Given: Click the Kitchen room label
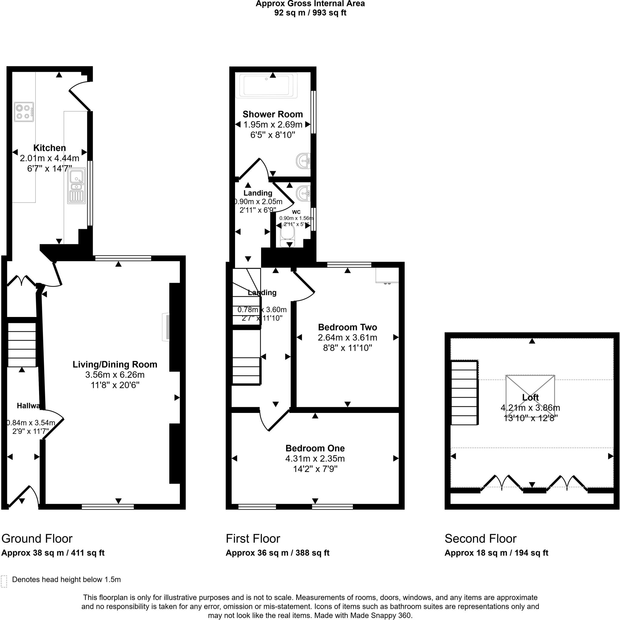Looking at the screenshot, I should point(49,148).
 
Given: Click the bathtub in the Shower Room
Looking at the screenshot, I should point(267,85).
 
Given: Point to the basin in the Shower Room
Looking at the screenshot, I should point(304,160).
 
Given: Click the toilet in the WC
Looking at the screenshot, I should point(287,237).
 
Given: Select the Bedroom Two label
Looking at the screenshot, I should point(347,327).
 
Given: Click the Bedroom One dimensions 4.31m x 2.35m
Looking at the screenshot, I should point(315,459).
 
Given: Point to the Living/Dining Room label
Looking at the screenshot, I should point(115,364).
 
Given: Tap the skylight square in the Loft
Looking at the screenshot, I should point(530,391).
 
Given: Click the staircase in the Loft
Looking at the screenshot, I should point(464,392).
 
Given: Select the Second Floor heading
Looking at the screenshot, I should point(480,539).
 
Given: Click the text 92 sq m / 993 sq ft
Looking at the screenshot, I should point(310,13).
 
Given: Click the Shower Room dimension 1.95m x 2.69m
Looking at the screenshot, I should point(273,124).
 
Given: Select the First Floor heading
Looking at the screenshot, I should point(253,539).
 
